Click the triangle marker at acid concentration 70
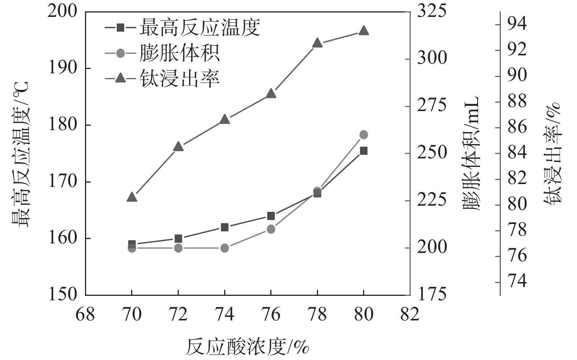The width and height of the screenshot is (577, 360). click(x=132, y=197)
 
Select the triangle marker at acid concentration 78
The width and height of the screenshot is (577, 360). click(x=317, y=43)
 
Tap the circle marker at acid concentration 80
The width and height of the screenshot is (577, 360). click(x=363, y=135)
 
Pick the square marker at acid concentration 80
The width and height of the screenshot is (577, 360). click(x=363, y=151)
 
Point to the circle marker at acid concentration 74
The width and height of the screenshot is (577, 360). click(x=225, y=248)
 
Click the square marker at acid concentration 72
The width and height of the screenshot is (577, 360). click(x=178, y=238)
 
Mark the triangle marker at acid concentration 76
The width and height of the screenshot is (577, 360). click(x=271, y=93)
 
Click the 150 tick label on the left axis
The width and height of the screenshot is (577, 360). click(x=63, y=295)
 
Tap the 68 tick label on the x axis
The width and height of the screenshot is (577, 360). click(x=85, y=315)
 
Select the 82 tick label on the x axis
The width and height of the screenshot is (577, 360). click(x=410, y=315)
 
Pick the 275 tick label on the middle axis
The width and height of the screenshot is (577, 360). click(x=432, y=106)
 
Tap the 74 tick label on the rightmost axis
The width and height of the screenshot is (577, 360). click(x=517, y=282)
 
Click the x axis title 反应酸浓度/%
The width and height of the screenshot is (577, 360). click(x=248, y=346)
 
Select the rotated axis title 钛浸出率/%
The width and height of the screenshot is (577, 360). click(x=552, y=153)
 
